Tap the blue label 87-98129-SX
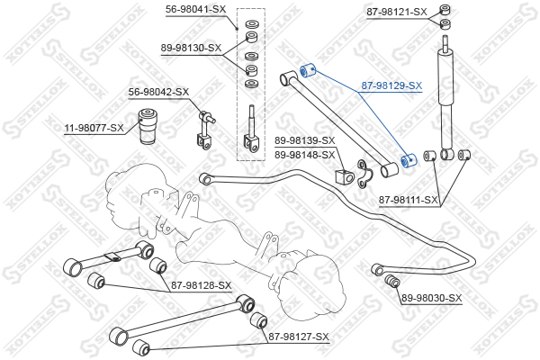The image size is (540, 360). [391, 86]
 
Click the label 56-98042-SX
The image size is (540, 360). [157, 92]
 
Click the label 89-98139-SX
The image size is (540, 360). [304, 140]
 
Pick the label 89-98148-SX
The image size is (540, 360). [304, 155]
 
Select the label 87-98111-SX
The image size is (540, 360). [409, 200]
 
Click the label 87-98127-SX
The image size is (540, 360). [299, 337]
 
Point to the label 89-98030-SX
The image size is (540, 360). [431, 298]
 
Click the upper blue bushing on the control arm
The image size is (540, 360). [304, 68]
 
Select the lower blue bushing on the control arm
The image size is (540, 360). [405, 159]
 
